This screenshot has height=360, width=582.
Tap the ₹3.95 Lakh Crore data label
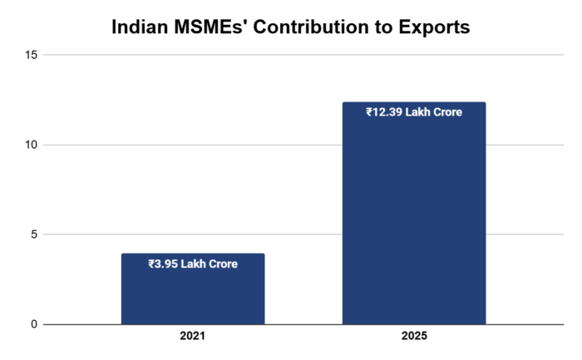coord(192,264)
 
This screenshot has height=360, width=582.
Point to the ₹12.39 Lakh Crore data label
coord(413,111)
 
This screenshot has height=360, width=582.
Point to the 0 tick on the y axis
coord(34,324)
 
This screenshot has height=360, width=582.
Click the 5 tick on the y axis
coord(34,234)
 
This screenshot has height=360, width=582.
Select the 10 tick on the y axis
coord(32,145)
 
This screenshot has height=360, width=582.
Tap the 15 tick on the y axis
coord(32,55)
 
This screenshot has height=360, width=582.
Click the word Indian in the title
coord(141,27)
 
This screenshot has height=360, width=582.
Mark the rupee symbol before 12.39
coord(369,111)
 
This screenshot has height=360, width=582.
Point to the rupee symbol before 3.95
coord(151,264)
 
